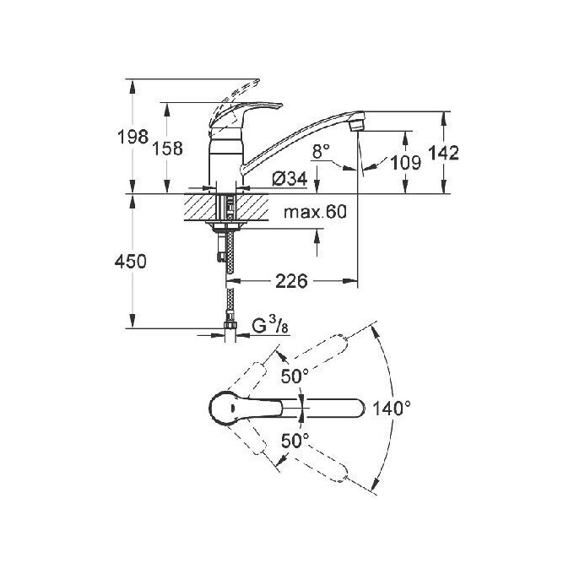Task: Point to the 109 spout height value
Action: (x=406, y=162)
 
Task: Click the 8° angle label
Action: (x=321, y=151)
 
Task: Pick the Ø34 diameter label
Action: (x=288, y=179)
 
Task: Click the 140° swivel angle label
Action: (x=392, y=409)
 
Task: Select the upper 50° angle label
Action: (x=295, y=377)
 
